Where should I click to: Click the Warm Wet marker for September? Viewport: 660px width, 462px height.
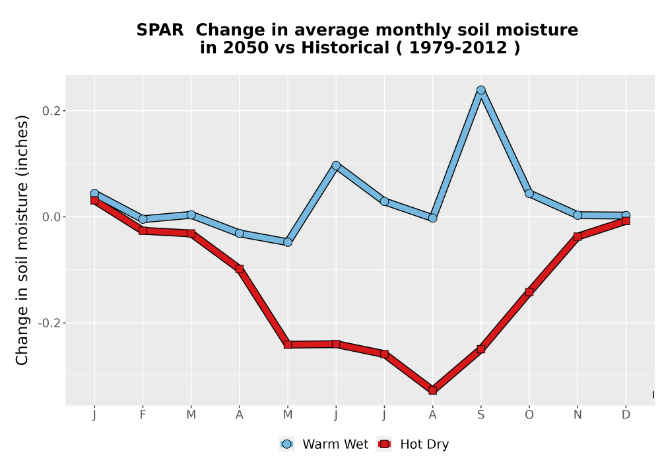click(x=480, y=90)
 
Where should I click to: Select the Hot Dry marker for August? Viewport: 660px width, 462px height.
click(x=432, y=390)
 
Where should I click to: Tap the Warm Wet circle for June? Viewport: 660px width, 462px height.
click(x=336, y=166)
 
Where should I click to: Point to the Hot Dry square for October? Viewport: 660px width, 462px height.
click(x=529, y=292)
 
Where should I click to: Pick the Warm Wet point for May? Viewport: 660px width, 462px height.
click(x=288, y=242)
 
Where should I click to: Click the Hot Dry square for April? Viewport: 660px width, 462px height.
click(x=239, y=269)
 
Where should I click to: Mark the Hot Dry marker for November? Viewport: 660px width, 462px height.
click(x=577, y=236)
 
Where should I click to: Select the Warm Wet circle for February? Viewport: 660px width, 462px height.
click(x=143, y=219)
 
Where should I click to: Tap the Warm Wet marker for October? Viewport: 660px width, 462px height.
click(x=529, y=193)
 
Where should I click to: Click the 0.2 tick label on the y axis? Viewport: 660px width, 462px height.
click(x=51, y=111)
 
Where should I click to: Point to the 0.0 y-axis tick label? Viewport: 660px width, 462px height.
click(x=51, y=217)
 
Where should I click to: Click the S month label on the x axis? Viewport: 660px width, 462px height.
click(x=480, y=415)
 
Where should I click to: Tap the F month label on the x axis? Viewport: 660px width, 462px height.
click(x=143, y=415)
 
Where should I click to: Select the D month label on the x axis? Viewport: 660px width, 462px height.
click(x=626, y=415)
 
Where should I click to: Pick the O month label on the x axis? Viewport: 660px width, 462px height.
click(x=529, y=415)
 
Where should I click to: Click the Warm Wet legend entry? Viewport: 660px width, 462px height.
click(x=323, y=444)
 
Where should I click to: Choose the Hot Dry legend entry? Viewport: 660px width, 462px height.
click(x=413, y=444)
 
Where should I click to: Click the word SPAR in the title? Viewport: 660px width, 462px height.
click(x=160, y=30)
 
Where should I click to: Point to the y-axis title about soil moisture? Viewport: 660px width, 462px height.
click(x=22, y=240)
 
